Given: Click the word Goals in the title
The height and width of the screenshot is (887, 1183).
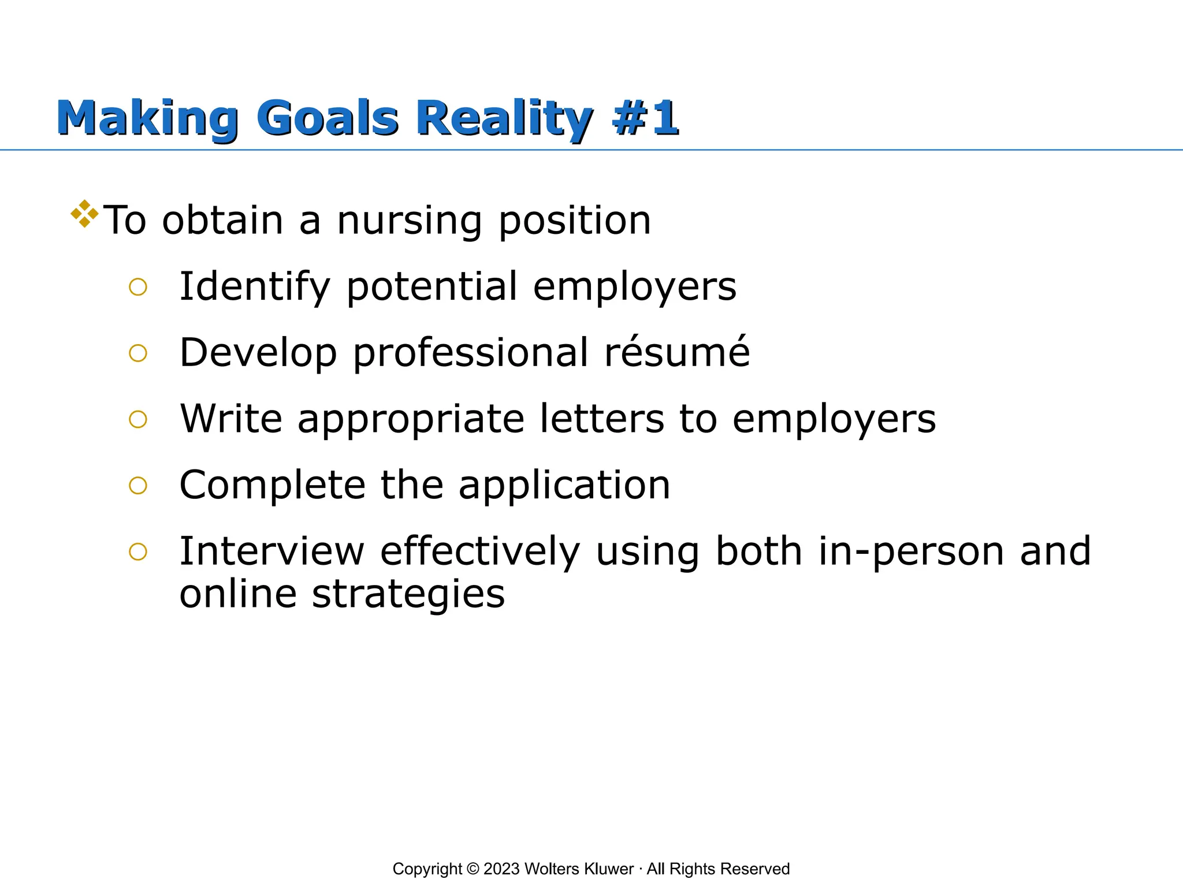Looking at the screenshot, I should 327,118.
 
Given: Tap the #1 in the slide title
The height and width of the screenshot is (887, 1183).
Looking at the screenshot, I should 646,118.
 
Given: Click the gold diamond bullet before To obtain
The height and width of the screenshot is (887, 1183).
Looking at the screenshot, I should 84,214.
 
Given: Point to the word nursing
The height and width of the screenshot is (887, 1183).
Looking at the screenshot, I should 409,222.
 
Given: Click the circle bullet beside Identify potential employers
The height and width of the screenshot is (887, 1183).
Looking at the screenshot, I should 138,287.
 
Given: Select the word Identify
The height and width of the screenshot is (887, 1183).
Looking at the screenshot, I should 255,287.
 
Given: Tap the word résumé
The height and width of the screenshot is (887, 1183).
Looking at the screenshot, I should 677,352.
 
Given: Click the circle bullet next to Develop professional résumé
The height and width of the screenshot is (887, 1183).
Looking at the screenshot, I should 138,353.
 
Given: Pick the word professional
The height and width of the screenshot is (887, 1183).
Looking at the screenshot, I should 471,353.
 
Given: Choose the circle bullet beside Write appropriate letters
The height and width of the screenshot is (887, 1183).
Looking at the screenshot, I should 138,419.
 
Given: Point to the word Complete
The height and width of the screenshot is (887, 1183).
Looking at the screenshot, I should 272,486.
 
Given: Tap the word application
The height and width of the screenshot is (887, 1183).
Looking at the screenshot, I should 564,486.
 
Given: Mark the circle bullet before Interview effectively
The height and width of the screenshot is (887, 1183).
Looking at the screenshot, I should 138,552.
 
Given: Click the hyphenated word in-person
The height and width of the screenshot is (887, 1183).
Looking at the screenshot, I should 911,551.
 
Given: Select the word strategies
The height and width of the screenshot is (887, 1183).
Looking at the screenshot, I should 408,595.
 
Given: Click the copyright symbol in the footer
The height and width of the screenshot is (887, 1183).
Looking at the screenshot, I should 473,869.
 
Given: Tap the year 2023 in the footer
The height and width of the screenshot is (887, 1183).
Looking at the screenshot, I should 501,869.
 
